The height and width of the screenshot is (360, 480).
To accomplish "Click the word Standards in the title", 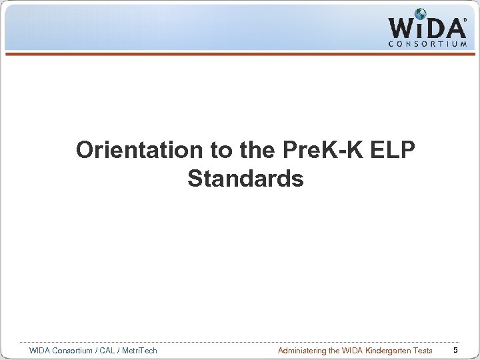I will [245, 179].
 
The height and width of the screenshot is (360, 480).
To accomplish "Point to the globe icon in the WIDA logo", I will [421, 14].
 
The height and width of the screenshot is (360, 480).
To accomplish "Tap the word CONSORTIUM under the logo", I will [427, 45].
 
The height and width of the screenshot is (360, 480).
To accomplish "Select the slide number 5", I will [455, 350].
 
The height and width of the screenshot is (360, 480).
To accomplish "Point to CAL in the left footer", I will [107, 351].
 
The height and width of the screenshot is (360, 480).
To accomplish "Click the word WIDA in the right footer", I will [349, 351].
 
